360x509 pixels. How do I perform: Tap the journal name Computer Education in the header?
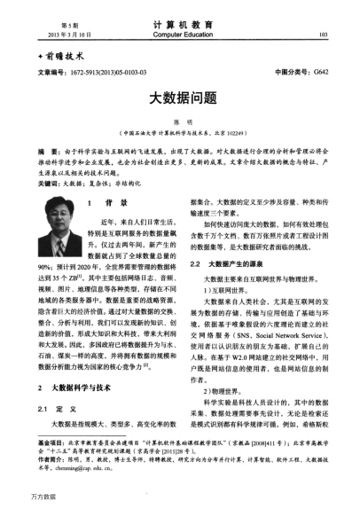180,36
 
